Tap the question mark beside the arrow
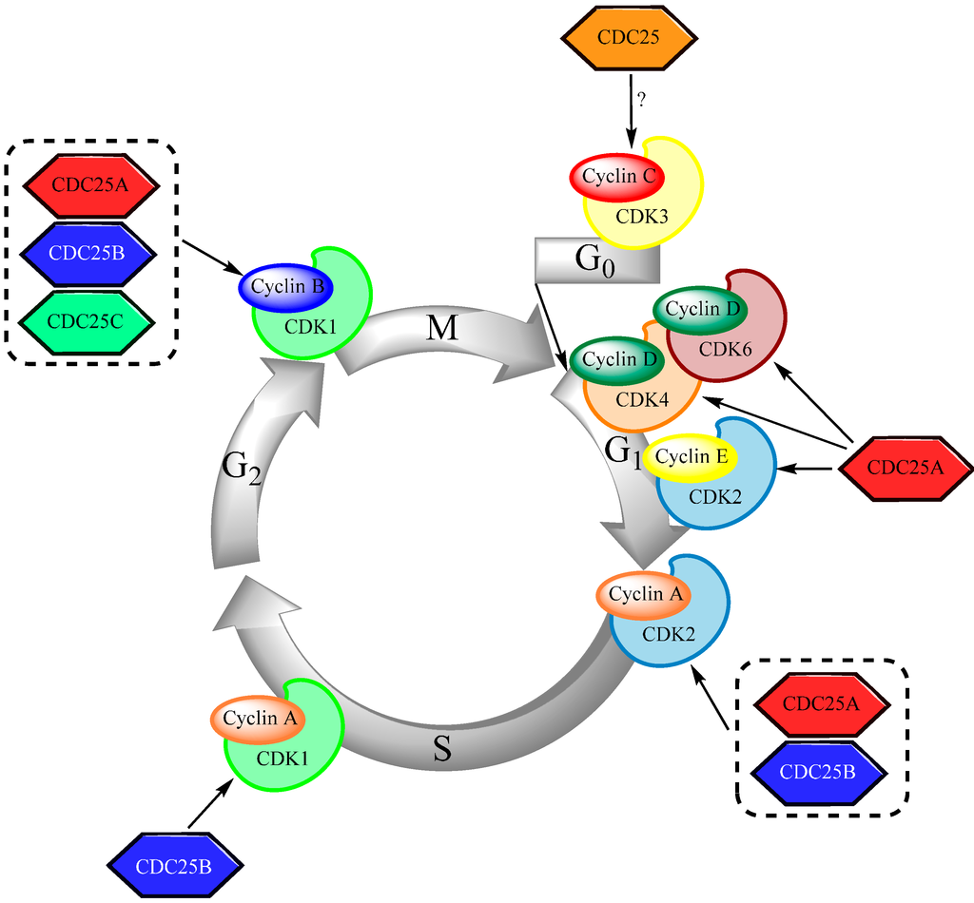click(x=641, y=100)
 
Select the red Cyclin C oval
click(x=615, y=176)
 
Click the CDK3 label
click(x=642, y=216)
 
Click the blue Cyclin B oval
click(x=283, y=286)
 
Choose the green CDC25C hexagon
click(x=86, y=321)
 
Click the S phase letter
click(x=442, y=749)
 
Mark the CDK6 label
click(x=726, y=349)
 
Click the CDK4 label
click(x=643, y=400)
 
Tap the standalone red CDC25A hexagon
click(x=906, y=468)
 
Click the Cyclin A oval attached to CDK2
click(x=644, y=594)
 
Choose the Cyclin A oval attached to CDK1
click(x=259, y=719)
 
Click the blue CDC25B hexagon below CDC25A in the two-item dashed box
click(x=822, y=771)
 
